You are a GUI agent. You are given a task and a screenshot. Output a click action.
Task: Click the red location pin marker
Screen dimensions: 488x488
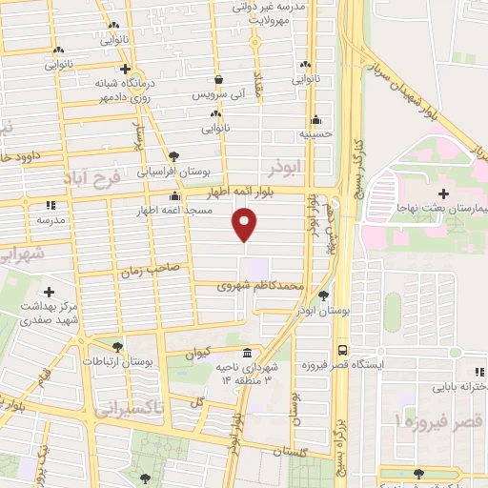coord(245,224)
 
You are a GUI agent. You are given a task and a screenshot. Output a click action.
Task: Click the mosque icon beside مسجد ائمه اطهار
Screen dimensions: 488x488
coord(173,197)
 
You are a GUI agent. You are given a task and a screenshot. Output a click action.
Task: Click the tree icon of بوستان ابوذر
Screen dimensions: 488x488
coord(325,295)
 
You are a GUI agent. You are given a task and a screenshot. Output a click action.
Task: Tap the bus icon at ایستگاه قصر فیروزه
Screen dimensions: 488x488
coord(342,349)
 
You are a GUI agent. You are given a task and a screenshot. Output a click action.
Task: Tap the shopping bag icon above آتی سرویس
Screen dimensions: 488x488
coord(219,80)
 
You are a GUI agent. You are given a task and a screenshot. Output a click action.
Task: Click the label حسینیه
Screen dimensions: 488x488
coord(315,134)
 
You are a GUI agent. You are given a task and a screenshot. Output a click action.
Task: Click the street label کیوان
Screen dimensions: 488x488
coord(196,352)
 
